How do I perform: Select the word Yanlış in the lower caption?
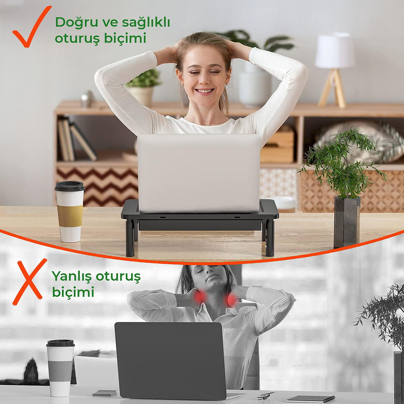(71, 277)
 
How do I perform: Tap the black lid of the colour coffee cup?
(70, 186)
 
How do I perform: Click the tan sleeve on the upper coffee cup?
(70, 215)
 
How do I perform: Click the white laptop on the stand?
(199, 172)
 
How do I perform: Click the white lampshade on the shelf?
(335, 51)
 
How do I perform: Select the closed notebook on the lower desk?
(310, 399)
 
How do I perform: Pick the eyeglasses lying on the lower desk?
(265, 395)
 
